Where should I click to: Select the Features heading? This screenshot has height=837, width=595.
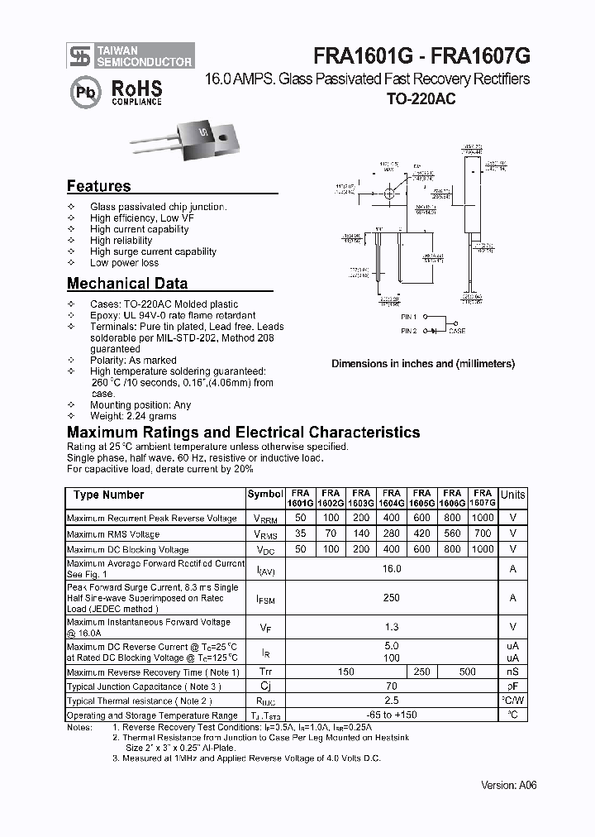[98, 186]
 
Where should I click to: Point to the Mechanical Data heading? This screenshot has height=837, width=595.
[126, 284]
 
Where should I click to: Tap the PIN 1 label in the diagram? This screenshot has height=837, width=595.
[409, 316]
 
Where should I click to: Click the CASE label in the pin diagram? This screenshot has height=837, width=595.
[457, 331]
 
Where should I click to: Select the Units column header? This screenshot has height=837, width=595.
[512, 495]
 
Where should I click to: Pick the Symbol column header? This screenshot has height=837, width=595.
[264, 495]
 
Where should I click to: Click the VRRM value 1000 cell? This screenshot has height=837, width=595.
[483, 519]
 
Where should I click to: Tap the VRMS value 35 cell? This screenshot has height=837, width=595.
[300, 534]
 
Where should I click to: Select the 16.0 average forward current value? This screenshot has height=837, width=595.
[392, 569]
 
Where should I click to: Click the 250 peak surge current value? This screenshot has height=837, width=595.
[392, 598]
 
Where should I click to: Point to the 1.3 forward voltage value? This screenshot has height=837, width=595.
[392, 628]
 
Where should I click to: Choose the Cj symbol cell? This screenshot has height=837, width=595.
[264, 686]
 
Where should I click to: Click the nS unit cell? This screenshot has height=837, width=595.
[512, 672]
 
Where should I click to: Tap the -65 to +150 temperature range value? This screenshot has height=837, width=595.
[392, 715]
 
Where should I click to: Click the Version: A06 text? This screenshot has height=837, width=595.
[509, 786]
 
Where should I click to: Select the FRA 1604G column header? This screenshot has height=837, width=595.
[392, 498]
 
